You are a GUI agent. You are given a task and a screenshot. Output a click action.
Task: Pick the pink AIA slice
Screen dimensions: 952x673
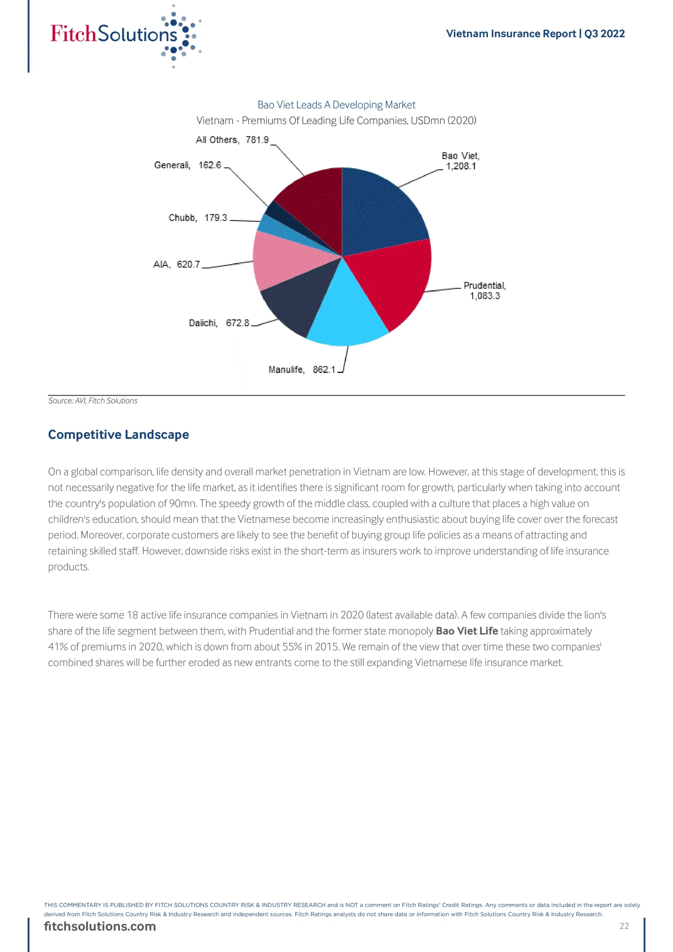[x=282, y=261]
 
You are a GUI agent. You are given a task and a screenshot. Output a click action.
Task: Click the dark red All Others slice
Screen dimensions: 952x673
[x=315, y=203]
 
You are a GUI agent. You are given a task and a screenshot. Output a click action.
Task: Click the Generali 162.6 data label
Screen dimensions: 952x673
[x=187, y=165]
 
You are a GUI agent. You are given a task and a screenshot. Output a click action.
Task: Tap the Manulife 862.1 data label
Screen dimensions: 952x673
[x=302, y=369]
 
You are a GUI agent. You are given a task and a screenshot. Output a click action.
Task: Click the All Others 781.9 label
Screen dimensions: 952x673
[x=232, y=140]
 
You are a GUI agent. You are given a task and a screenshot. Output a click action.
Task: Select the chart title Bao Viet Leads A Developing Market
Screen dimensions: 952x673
[x=336, y=105]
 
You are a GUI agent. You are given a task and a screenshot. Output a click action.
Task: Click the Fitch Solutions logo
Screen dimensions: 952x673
[x=125, y=35]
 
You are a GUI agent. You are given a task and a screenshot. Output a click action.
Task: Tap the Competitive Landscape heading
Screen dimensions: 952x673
[x=119, y=435]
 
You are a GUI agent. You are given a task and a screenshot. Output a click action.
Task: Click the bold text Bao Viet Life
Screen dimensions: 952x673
[x=467, y=631]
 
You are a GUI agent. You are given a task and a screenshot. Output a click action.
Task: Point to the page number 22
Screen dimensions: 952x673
[x=624, y=926]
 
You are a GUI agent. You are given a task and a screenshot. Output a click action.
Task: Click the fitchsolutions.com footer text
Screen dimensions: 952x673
[x=100, y=926]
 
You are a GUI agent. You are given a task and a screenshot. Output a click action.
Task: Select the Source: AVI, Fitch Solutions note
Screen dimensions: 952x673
[x=93, y=401]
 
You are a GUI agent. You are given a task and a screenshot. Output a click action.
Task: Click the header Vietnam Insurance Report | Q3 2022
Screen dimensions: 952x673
[x=535, y=33]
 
